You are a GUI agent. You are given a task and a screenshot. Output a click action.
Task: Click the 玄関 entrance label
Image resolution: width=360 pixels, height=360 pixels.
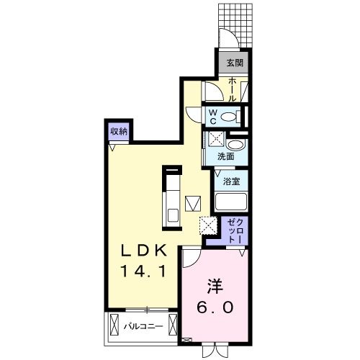(234, 63)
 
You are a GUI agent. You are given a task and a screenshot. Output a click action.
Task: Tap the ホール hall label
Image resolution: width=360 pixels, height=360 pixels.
(233, 89)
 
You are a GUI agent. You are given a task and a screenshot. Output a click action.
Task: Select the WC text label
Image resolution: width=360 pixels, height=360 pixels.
(214, 116)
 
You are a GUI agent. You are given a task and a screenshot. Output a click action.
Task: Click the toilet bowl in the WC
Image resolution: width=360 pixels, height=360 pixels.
(230, 116)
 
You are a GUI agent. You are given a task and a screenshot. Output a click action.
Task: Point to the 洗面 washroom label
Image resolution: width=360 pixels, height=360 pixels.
(225, 156)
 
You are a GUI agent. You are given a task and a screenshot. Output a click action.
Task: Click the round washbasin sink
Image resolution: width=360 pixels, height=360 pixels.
(238, 142)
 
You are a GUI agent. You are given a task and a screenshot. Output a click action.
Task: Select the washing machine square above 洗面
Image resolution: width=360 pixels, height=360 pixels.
(217, 140)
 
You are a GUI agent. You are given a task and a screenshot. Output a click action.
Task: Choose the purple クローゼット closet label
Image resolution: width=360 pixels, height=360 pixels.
(235, 229)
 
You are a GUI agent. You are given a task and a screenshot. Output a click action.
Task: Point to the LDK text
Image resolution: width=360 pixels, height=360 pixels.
(144, 251)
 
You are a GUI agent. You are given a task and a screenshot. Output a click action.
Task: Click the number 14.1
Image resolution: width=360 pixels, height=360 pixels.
(144, 271)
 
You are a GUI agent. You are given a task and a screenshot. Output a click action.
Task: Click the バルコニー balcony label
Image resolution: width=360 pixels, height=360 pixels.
(140, 326)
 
